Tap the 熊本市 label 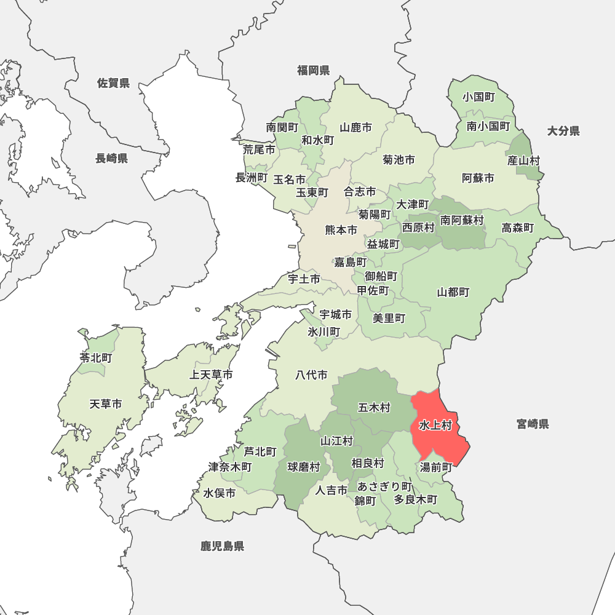pos(341,231)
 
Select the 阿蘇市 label pos(478,178)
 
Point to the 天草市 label pos(105,404)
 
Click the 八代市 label pos(311,375)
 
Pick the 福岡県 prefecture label pos(313,70)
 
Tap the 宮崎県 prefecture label pos(533,424)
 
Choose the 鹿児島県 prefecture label pos(222,546)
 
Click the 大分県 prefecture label pos(563,130)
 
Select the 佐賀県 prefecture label pos(113,83)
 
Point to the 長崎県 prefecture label pos(111,159)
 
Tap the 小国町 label pos(479,97)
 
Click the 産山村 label pos(523,161)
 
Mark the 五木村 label pos(374,407)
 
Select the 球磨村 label pos(304,467)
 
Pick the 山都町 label pos(453,292)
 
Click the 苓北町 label pos(95,357)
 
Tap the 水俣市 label pos(220,493)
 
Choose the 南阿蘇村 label pos(461,220)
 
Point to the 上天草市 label pos(211,375)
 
